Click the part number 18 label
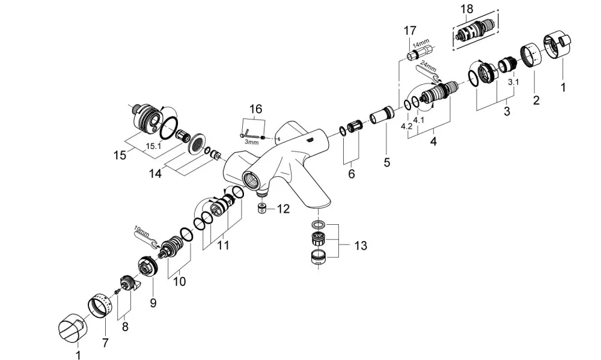(467, 9)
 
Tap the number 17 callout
(410, 30)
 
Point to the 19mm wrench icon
(145, 238)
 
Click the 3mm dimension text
(251, 142)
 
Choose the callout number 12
(283, 209)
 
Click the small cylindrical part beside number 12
(262, 209)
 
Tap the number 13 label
(361, 245)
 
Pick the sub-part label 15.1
(153, 145)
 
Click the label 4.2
(407, 126)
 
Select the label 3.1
(514, 82)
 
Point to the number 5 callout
(386, 162)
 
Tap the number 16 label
(255, 109)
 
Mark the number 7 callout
(105, 343)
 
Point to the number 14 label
(155, 173)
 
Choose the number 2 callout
(536, 100)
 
